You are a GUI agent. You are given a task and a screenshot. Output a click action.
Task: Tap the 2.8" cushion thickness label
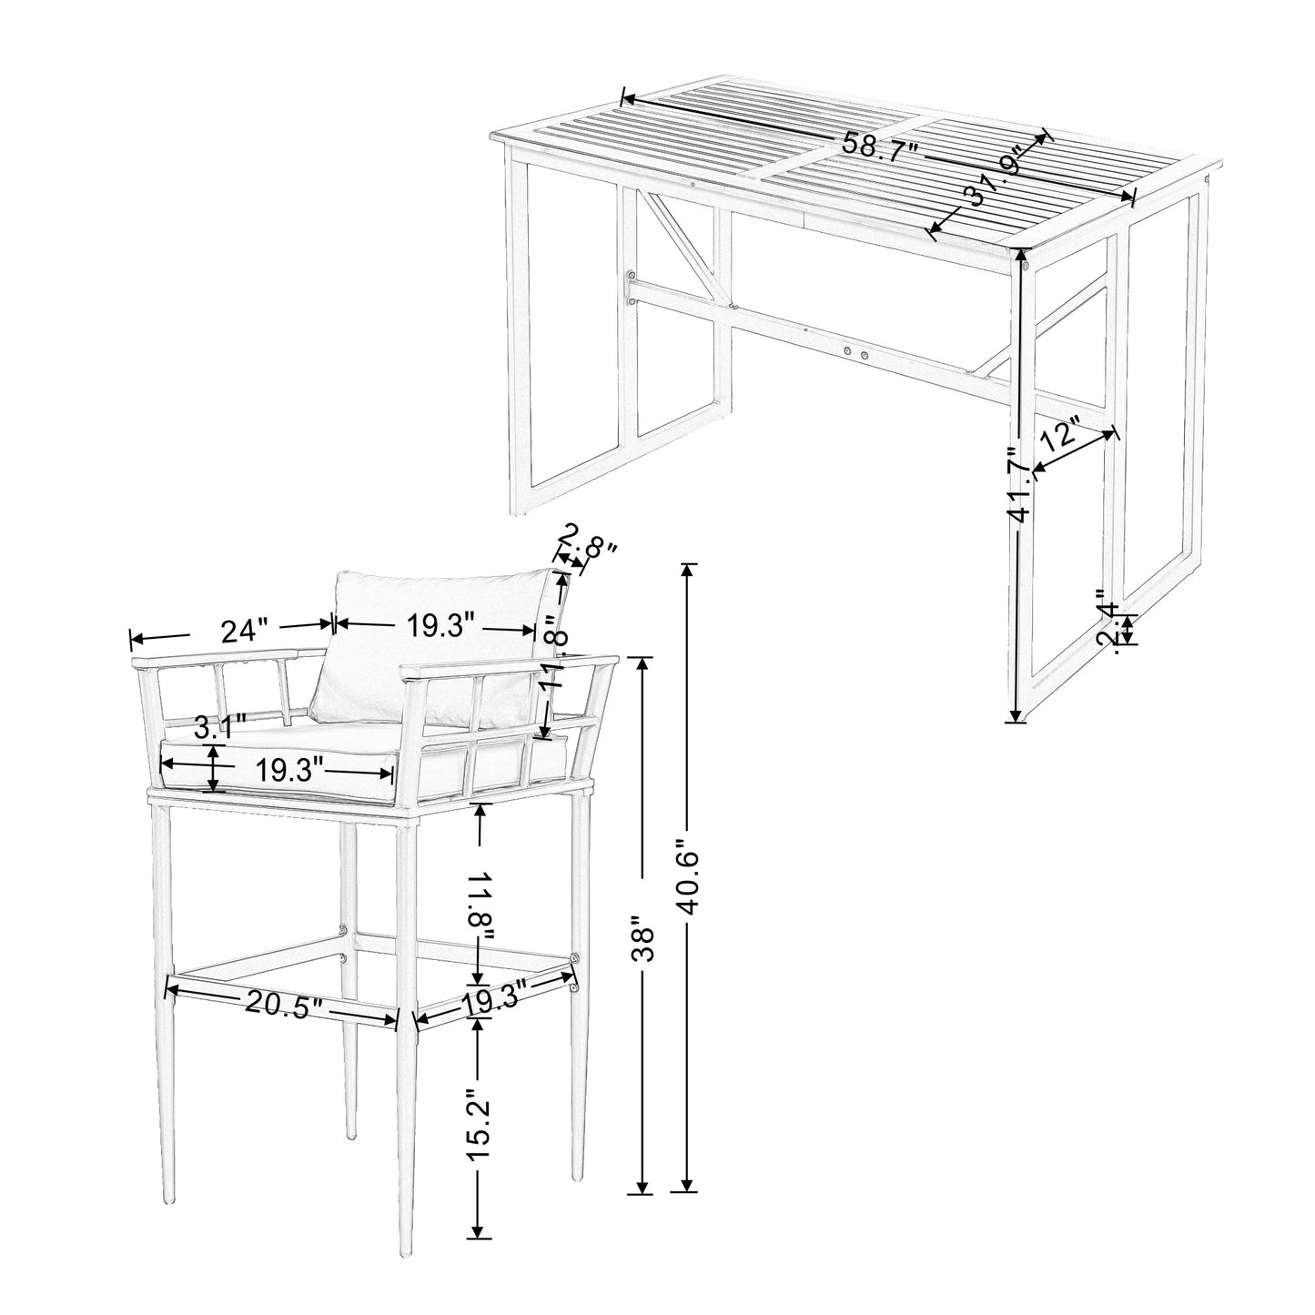587,550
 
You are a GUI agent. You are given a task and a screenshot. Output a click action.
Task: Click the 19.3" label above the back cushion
440,627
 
